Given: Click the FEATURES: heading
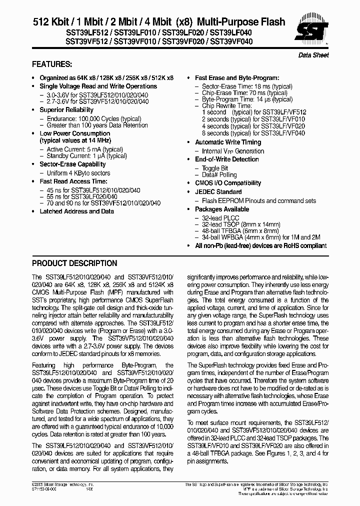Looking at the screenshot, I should click(52, 64).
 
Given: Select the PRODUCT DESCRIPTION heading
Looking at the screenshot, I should click(74, 263).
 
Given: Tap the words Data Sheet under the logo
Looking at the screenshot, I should click(313, 55).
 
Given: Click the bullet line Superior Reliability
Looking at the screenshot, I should click(66, 110).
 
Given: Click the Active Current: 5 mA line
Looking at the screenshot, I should click(77, 149).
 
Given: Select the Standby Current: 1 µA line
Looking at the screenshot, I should click(79, 156).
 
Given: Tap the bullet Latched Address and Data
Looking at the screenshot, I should click(76, 211).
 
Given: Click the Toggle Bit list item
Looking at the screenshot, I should click(215, 168).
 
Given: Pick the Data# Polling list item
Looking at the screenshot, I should click(219, 175).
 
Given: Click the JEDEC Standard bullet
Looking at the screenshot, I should click(218, 192).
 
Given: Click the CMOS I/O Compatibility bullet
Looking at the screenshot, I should click(228, 183).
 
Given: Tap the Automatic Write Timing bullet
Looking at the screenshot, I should click(228, 142).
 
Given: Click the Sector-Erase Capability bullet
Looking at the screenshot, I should click(72, 164).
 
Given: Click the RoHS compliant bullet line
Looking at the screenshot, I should click(260, 245).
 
